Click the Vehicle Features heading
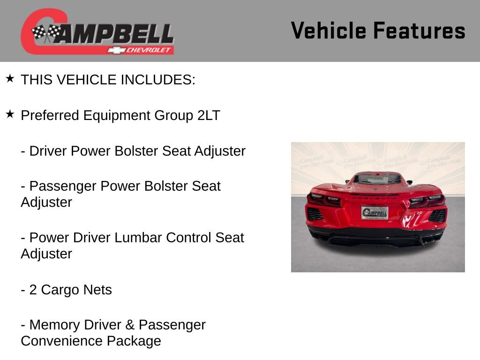point(378,31)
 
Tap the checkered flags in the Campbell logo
point(46,32)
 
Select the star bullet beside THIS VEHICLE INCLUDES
point(10,78)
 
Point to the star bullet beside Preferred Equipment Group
point(10,114)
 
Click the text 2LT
point(209,115)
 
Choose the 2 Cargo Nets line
point(66,290)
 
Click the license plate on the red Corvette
point(375,213)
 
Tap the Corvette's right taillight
point(427,200)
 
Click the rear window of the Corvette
point(377,179)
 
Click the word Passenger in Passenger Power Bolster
point(63,186)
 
